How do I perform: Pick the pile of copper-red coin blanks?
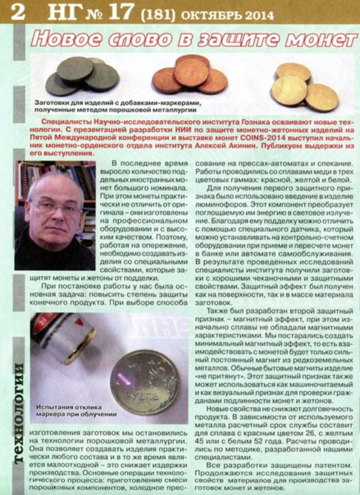click(189, 75)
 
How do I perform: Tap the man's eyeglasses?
click(57, 208)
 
